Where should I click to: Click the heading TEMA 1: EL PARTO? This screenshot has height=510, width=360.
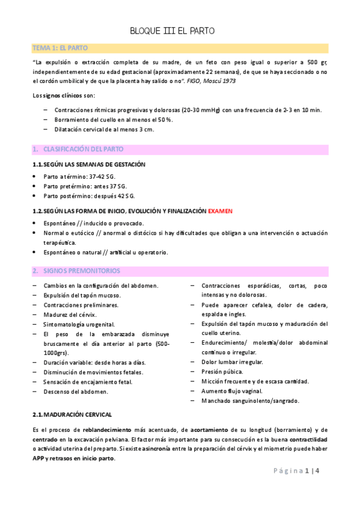pyautogui.click(x=61, y=48)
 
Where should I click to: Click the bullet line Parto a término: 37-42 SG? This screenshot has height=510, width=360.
pyautogui.click(x=79, y=176)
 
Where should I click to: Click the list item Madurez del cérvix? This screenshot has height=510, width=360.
pyautogui.click(x=70, y=315)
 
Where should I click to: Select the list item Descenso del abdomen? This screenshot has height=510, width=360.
pyautogui.click(x=76, y=392)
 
